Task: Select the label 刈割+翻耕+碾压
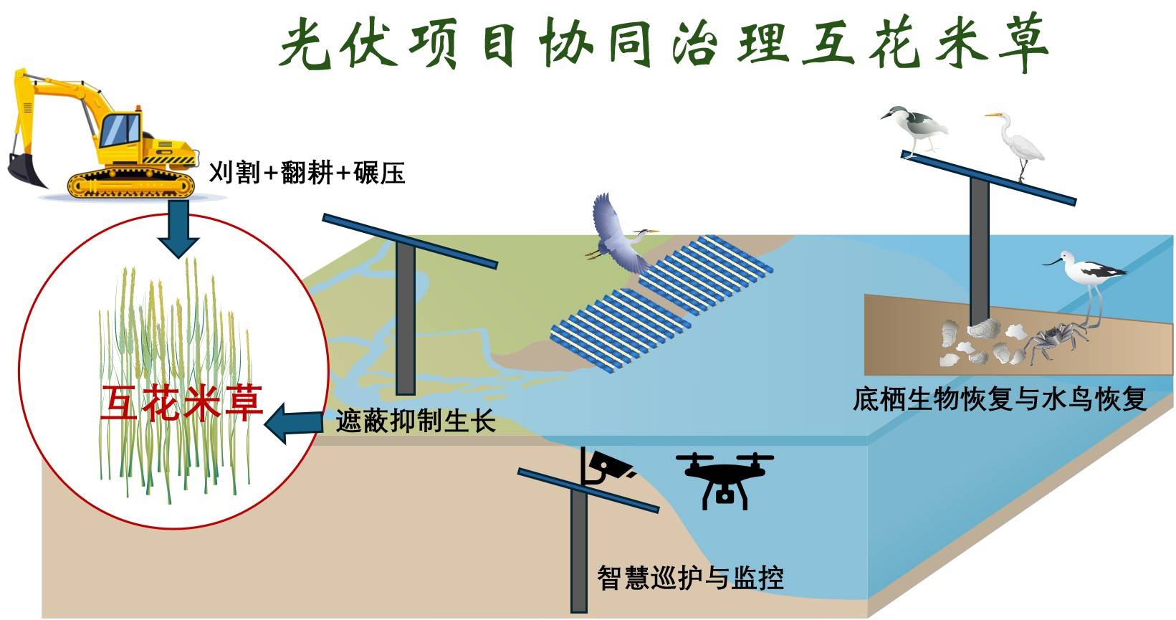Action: [307, 173]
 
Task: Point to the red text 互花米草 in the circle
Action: [181, 403]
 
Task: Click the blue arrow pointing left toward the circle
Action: [294, 422]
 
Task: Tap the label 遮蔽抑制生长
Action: [416, 421]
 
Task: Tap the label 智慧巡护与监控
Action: [690, 577]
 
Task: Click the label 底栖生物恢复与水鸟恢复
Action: [999, 399]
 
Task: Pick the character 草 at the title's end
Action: [1020, 44]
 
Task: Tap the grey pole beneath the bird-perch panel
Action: [979, 251]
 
